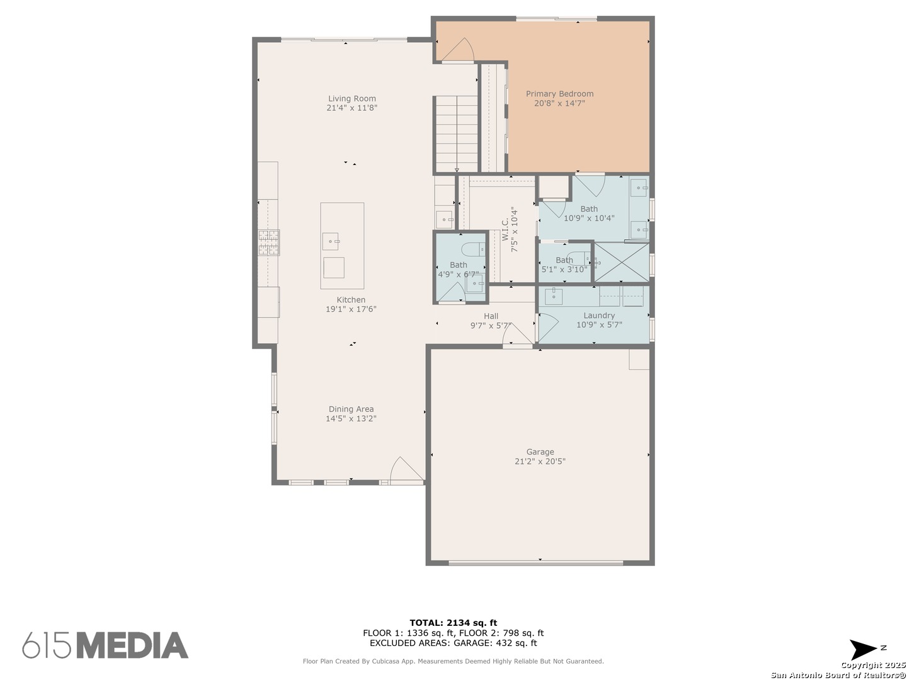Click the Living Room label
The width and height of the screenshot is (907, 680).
[352, 99]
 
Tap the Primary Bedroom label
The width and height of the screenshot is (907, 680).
[559, 94]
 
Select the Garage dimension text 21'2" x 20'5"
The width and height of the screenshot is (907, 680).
[540, 461]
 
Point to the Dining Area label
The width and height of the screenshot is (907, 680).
[351, 409]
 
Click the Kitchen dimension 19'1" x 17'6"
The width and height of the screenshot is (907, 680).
[351, 309]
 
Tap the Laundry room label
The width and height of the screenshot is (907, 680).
[599, 315]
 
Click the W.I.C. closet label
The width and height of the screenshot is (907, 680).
[505, 229]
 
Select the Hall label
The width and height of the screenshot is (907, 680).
[491, 316]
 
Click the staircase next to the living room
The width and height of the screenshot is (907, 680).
[457, 133]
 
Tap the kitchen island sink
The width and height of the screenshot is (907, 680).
[331, 242]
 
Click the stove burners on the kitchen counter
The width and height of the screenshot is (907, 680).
[269, 242]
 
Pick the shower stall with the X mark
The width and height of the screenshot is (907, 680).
[622, 263]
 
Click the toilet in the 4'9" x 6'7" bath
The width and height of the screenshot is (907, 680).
[473, 249]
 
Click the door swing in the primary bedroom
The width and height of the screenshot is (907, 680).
[458, 50]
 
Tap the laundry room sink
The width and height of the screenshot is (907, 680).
[554, 297]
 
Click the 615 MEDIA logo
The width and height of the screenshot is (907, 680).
[105, 645]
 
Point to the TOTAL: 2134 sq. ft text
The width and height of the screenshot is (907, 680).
[453, 623]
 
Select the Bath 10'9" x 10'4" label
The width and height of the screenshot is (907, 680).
[589, 213]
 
